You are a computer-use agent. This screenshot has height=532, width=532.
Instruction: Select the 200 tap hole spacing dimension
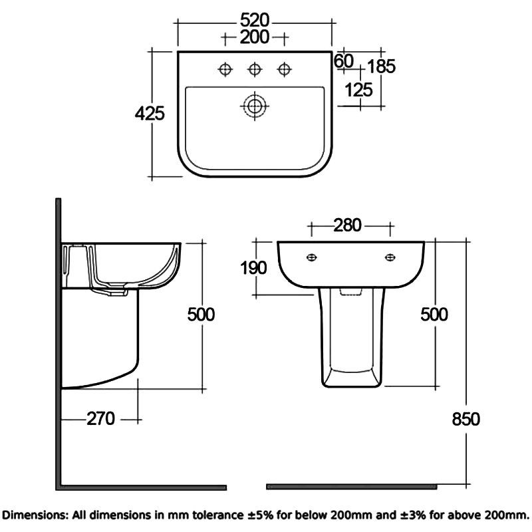point(255,37)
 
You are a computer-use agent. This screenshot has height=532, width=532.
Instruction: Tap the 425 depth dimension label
point(150,114)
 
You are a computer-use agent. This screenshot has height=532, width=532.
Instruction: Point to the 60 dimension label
point(343,61)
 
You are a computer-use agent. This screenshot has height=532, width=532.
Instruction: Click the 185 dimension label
point(381,66)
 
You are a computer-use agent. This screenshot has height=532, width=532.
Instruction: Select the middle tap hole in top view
point(254,68)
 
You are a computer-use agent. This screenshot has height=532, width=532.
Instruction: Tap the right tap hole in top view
point(285,68)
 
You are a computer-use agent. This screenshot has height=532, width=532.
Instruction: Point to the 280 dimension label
point(347,225)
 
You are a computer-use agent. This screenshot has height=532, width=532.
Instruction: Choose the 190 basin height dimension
point(253,267)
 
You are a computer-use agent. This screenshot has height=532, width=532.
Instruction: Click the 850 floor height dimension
point(465,418)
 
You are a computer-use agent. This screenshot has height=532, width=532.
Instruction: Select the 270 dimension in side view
point(101,418)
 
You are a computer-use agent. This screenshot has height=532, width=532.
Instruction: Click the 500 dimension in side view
point(200,314)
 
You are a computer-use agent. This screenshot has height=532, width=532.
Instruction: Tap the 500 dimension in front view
point(434,314)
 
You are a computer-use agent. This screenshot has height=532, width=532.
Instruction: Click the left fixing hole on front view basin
point(311,257)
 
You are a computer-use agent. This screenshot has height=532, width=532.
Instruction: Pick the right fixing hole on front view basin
point(390,257)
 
